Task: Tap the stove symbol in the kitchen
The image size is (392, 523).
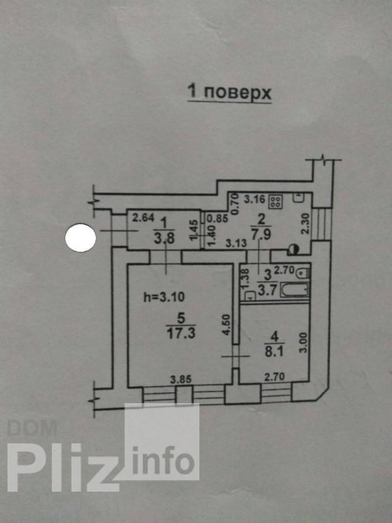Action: pos(277,201)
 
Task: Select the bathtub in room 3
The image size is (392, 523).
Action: pos(295,289)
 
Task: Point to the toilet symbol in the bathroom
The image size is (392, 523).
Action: pos(303,272)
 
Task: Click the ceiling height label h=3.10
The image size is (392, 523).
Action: pos(163,296)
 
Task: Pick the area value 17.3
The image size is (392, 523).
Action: pos(181,333)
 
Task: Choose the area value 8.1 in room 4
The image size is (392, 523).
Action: pos(274,351)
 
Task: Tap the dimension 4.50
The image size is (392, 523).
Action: pos(227,325)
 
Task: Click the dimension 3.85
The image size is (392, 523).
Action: pos(181,379)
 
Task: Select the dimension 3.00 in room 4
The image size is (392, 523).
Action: pos(304,343)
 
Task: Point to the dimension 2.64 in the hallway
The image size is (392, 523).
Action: pos(144,218)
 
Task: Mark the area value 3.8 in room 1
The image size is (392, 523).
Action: pos(164,238)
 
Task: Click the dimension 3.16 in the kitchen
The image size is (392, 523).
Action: pos(255,200)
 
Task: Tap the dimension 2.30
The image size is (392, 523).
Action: pos(306,223)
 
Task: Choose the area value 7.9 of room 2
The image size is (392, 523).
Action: pos(261,234)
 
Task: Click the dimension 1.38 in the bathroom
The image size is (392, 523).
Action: pos(245,277)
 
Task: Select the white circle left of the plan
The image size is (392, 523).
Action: pos(81,238)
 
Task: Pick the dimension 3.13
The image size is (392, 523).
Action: pos(236,243)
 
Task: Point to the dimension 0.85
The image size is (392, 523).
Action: pos(218,219)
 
